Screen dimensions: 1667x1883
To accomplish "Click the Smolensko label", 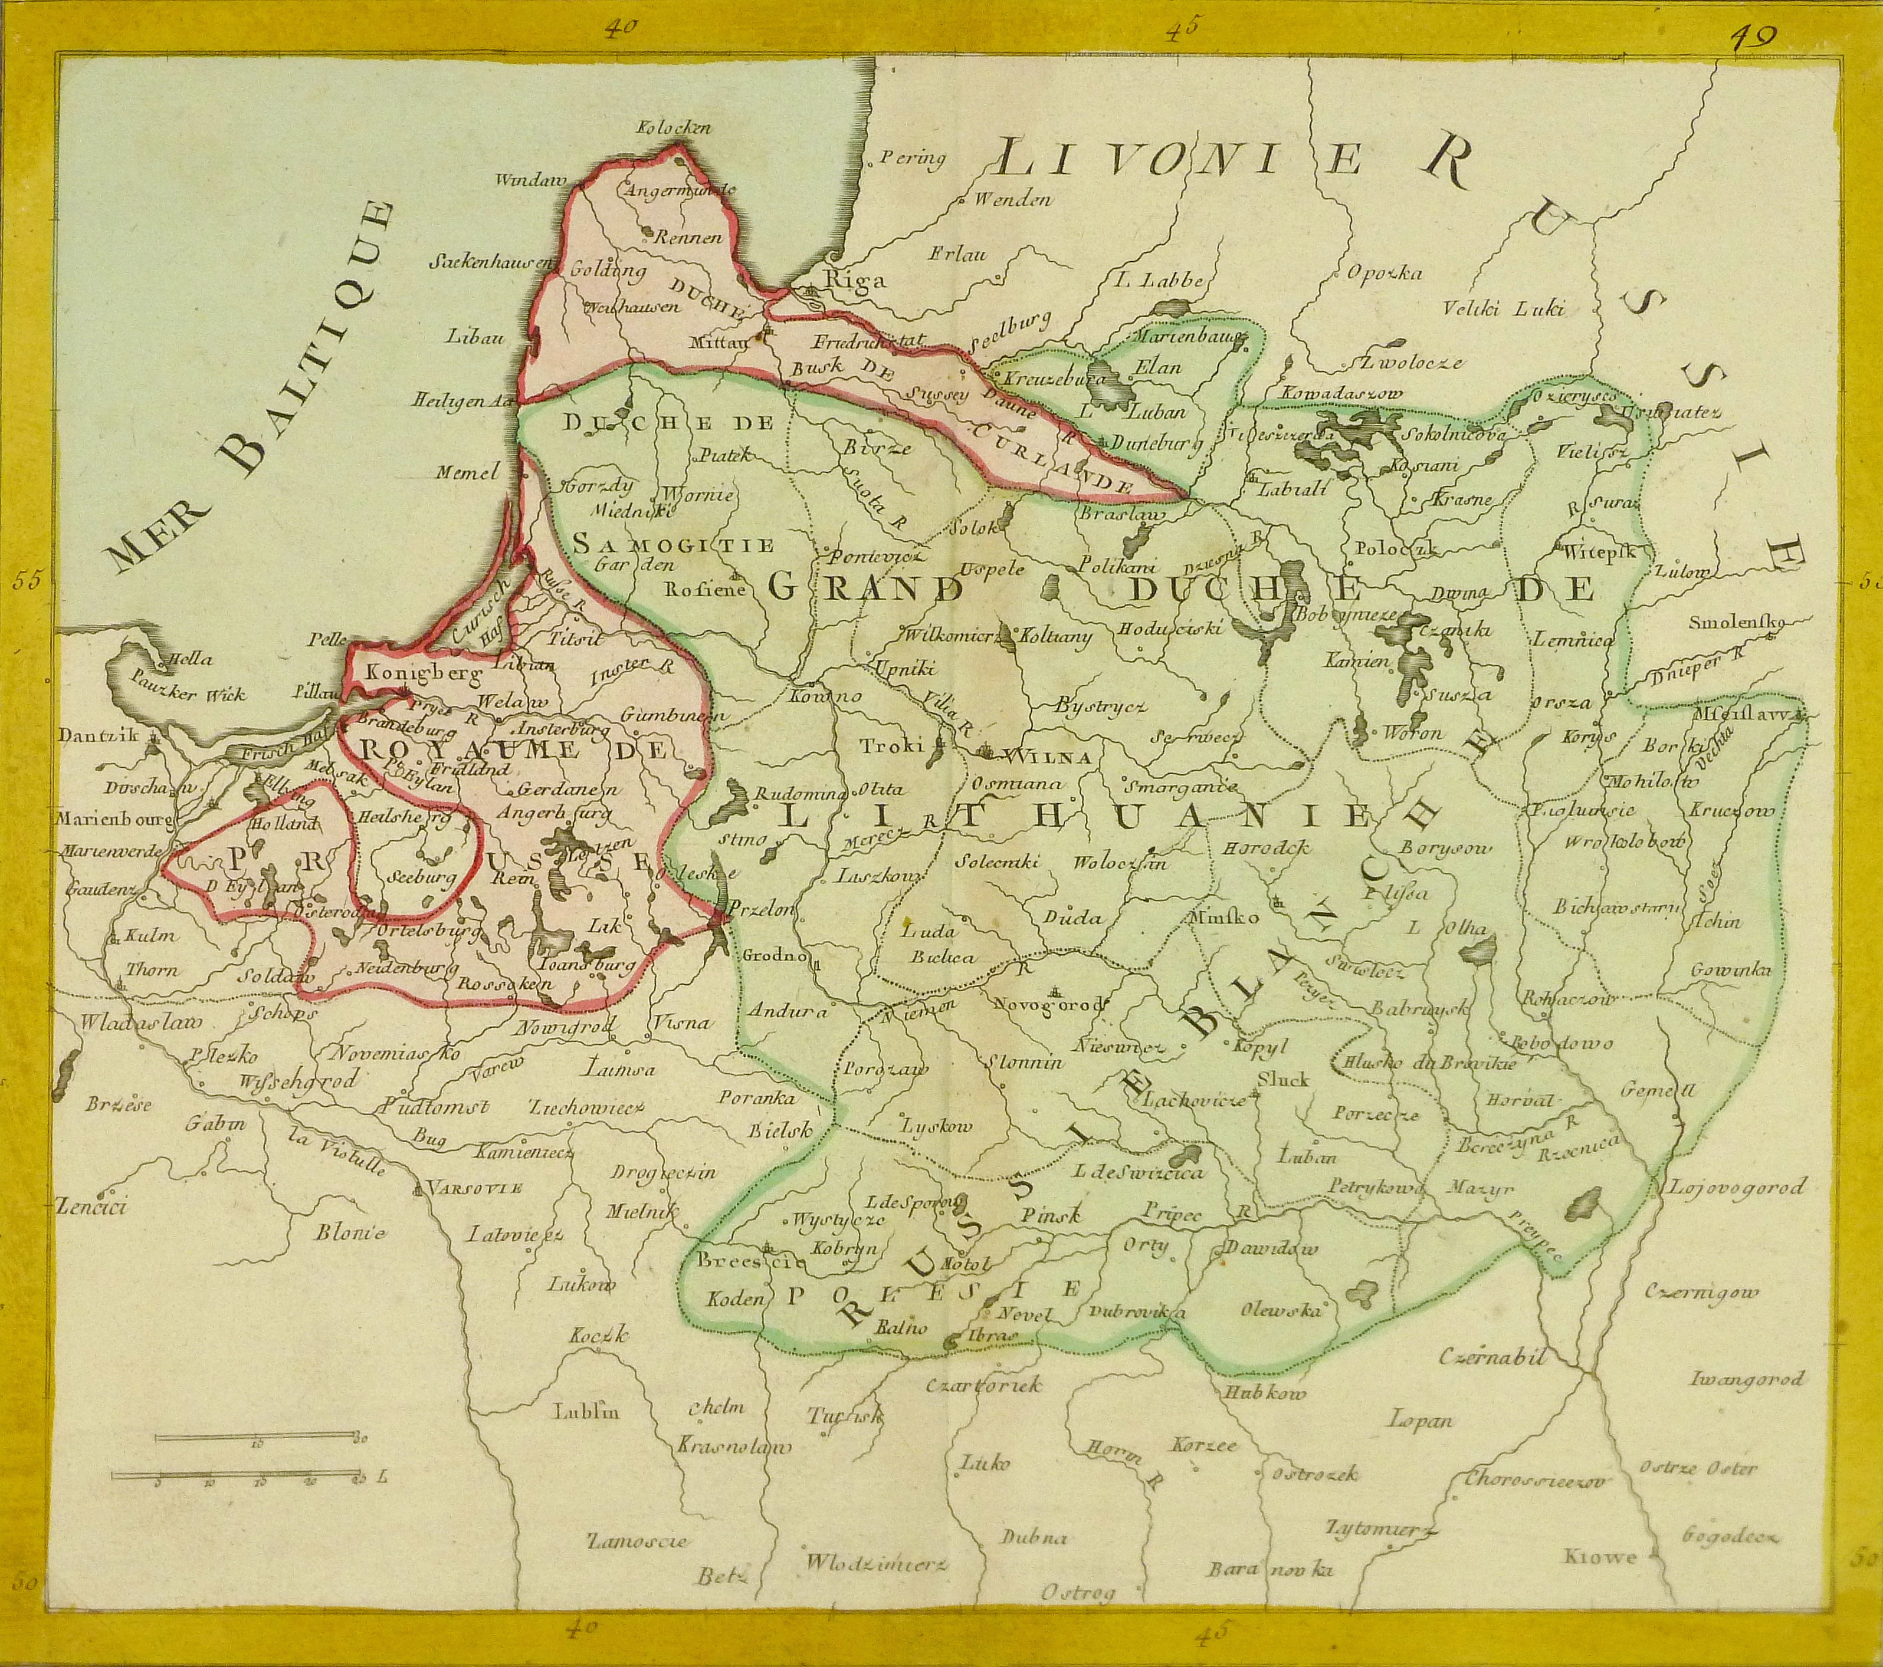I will coord(1736,623).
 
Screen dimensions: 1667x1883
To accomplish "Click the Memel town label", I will coord(467,472).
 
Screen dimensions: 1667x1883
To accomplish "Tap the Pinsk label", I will coord(1050,1216).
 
